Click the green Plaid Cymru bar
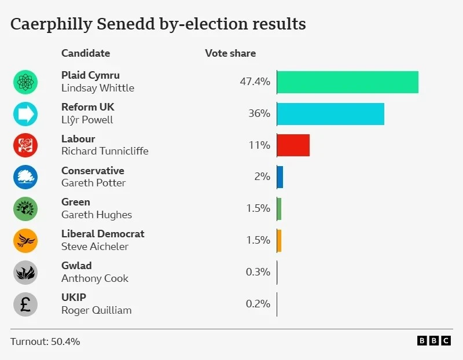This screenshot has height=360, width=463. pos(347,82)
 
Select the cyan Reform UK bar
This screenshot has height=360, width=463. pos(330,114)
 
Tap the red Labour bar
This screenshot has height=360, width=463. pos(293,145)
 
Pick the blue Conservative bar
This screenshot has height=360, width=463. pos(280,177)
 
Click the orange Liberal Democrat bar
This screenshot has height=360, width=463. pos(279,240)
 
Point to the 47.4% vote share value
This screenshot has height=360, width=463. pos(255,82)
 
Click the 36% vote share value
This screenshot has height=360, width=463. pos(259,113)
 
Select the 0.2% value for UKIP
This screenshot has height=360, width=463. pos(258,304)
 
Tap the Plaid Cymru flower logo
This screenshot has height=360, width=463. pos(25,82)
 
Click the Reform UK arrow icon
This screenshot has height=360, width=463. pos(25,114)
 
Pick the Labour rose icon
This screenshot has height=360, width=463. pos(25,145)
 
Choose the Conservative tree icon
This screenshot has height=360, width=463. pos(25,177)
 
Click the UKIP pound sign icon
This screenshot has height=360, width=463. pos(25,304)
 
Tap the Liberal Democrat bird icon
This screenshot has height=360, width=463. pos(25,240)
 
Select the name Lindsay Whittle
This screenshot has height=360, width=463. pos(98,88)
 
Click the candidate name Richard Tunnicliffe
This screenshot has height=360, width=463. pos(105,151)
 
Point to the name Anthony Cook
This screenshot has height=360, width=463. pos(95,278)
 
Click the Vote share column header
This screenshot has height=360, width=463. pos(230,53)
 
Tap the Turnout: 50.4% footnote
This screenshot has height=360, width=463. pos(45,341)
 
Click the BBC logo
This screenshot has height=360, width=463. pos(433,341)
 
